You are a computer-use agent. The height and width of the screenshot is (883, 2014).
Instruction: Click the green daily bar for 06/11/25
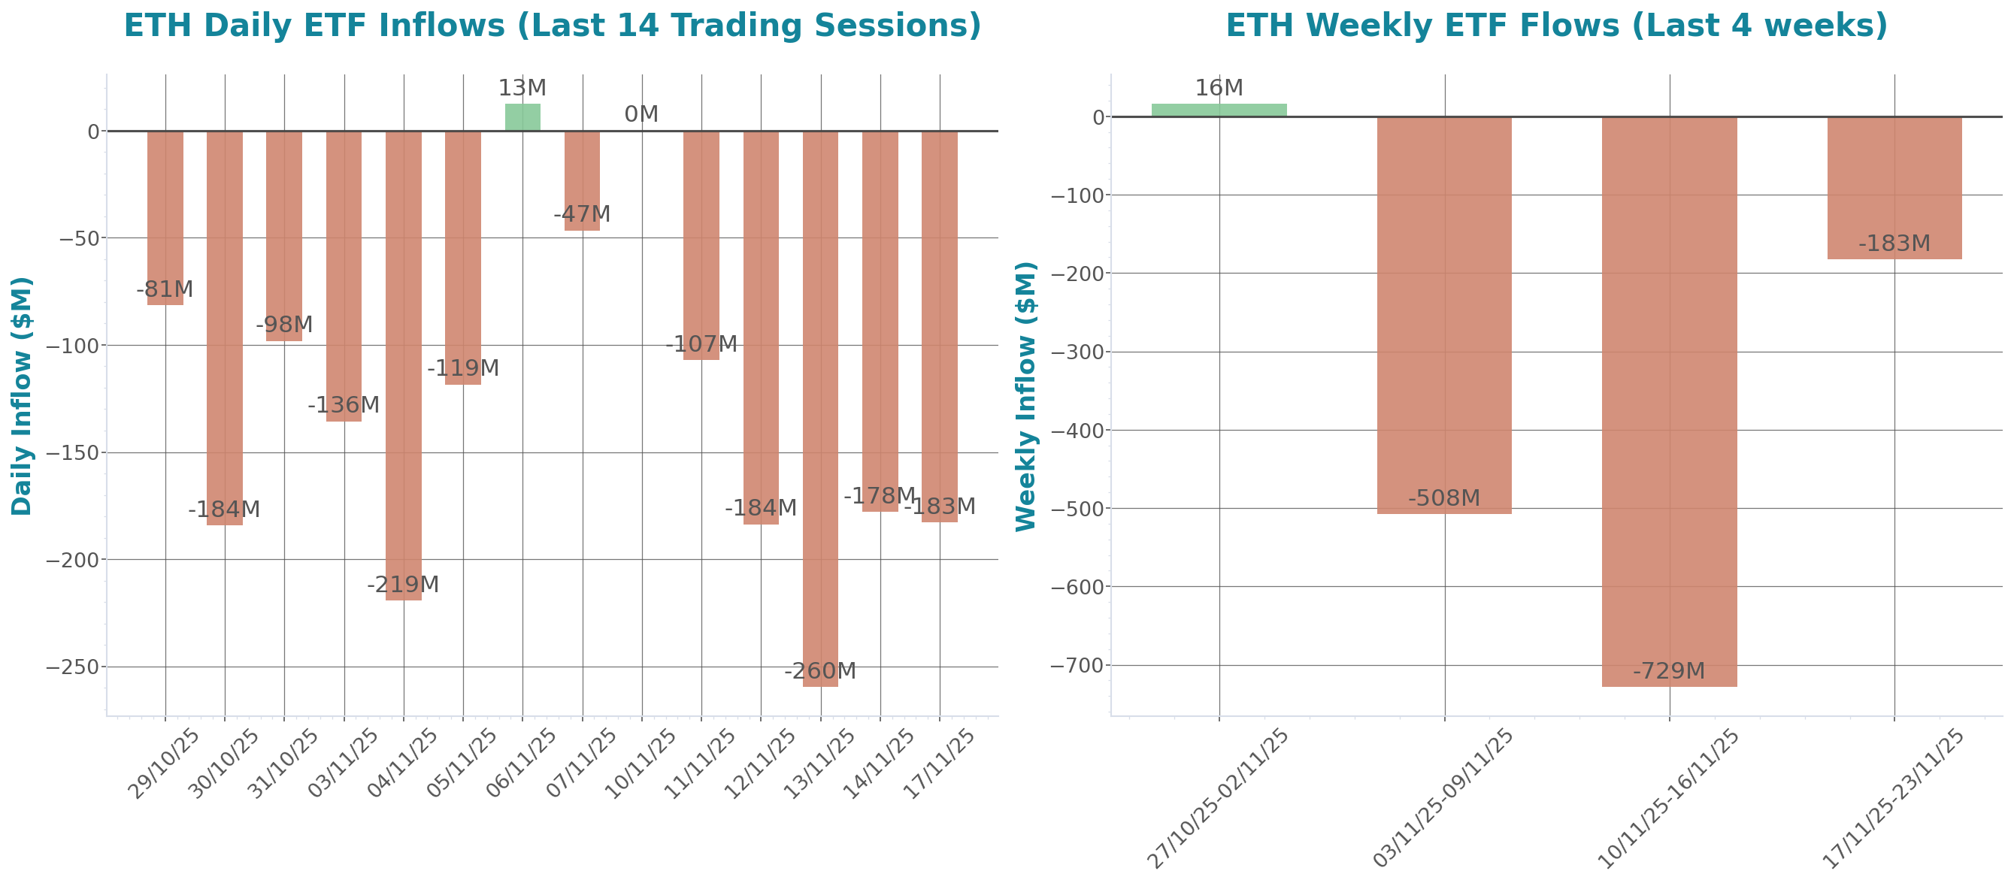(522, 117)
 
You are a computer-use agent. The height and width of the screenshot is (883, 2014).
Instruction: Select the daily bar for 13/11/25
(820, 407)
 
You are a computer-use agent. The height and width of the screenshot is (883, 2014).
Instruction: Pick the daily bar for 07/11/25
(583, 180)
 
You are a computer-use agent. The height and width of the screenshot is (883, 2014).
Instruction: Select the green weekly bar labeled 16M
(1219, 110)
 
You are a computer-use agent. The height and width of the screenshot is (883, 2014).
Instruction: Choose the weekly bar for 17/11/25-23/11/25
(1894, 188)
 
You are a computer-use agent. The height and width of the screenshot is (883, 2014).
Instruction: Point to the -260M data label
(820, 671)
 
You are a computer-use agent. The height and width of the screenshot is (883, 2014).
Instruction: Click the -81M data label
(164, 290)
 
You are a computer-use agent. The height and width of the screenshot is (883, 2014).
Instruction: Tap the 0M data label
(641, 115)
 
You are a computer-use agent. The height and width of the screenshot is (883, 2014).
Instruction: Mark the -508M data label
(1444, 498)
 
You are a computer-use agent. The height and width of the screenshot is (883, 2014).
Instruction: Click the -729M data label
(1669, 671)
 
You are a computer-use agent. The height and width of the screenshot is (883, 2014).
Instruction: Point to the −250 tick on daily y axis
(73, 667)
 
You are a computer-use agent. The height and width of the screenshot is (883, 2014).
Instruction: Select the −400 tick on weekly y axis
(1077, 431)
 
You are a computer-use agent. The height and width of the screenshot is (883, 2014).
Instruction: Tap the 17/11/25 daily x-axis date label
(938, 764)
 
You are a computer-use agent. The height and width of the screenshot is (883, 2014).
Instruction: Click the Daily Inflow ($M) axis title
(22, 396)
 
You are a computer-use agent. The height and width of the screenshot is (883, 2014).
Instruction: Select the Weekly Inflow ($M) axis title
(1025, 396)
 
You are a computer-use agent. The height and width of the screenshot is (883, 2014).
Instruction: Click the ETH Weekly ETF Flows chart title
(1556, 25)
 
